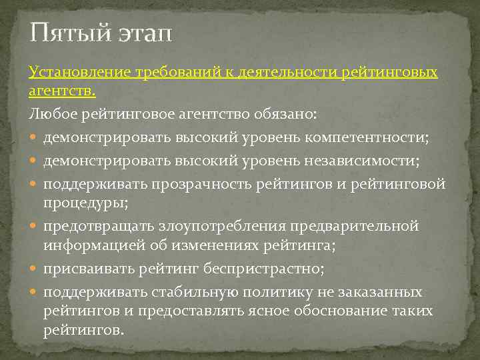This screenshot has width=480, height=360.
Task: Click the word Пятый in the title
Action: [x=63, y=31]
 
